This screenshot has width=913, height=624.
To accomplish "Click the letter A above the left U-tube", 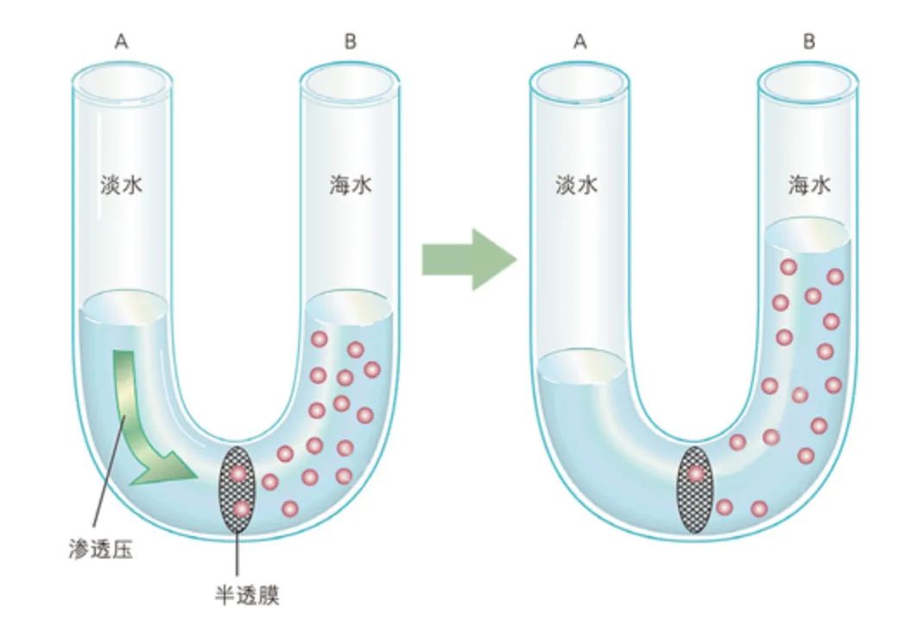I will point(122,42).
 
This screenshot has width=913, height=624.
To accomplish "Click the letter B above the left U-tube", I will point(350,42).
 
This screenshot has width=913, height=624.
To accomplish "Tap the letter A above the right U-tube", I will point(580,42).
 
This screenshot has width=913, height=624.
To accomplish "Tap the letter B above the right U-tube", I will point(808,42).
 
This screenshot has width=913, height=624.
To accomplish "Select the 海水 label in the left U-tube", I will point(351,185).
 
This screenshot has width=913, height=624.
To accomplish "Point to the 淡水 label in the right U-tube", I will point(576,185).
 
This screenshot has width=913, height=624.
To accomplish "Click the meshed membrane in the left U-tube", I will point(238,488).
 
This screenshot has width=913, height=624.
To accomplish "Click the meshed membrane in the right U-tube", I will point(694,488).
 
